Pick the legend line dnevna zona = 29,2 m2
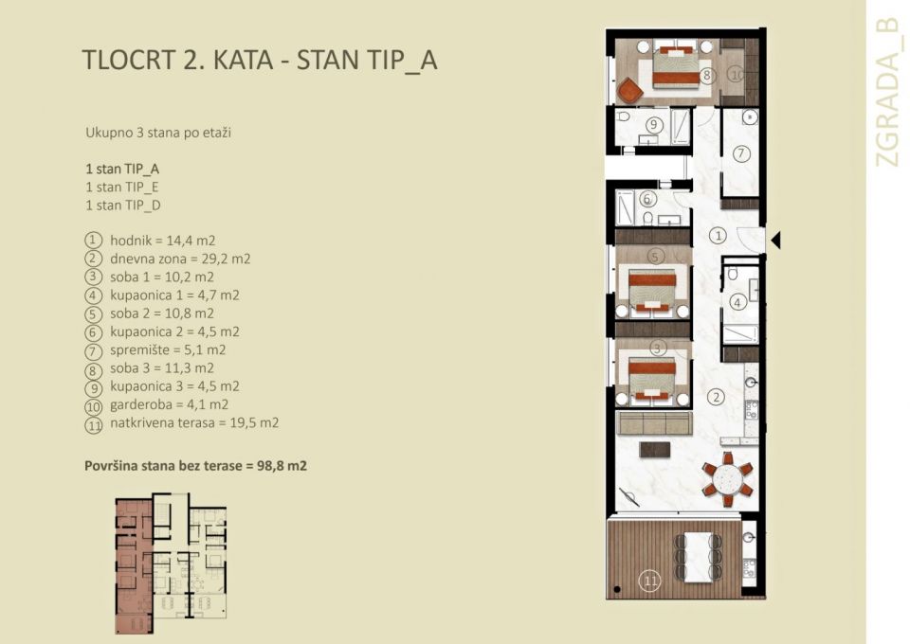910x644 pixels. coord(179,259)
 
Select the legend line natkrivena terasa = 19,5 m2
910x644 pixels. coord(193,423)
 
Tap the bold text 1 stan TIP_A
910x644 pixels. coord(121,168)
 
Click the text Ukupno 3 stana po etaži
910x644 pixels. coord(157,133)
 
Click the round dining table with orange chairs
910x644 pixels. coord(727,479)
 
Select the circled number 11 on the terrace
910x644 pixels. coord(649,581)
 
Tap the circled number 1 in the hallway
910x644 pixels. coord(719,235)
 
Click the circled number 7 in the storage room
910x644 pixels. coord(741,153)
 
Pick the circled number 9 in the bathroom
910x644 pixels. coord(652,125)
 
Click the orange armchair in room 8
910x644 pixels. coord(629,91)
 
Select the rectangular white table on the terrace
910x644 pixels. coord(698,557)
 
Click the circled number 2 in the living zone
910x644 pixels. coord(718,397)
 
